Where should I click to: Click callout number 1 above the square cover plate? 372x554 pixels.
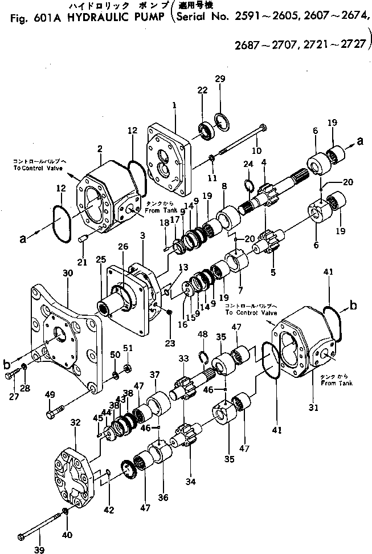[174, 105]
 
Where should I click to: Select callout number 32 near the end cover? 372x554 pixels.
[75, 422]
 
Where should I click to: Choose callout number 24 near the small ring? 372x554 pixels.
[247, 164]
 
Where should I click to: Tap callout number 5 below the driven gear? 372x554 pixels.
[273, 272]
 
